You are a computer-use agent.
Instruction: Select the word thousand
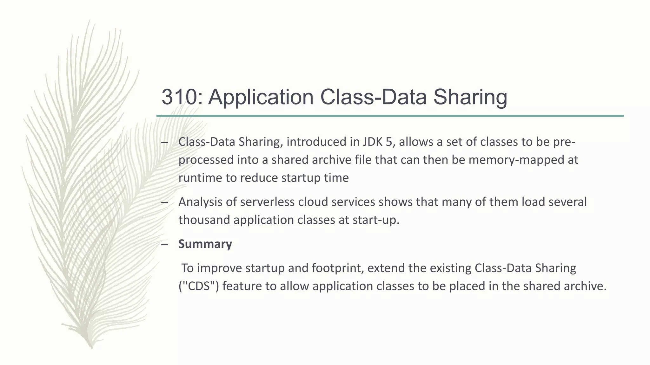[x=204, y=220]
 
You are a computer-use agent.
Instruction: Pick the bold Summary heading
[x=205, y=244]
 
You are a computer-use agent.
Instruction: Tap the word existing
[x=450, y=268]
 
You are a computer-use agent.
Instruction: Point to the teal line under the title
[x=390, y=116]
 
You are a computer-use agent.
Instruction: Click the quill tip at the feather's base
[x=91, y=346]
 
